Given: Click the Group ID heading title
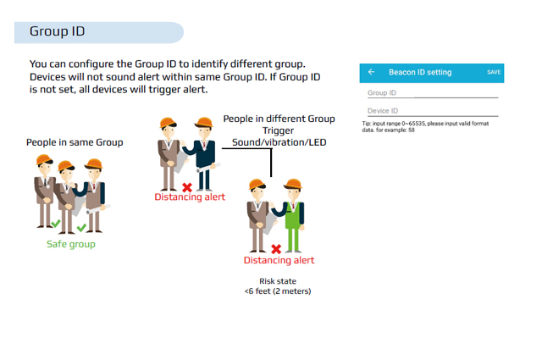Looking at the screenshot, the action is click(x=57, y=31).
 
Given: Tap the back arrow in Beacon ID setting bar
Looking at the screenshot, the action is click(x=371, y=72).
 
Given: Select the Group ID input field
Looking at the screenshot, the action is click(x=433, y=93).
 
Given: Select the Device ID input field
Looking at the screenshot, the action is click(x=433, y=111).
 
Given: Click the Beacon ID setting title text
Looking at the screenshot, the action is click(x=420, y=72).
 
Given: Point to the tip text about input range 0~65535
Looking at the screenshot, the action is click(x=425, y=126).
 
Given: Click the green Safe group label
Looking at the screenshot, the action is click(x=71, y=244).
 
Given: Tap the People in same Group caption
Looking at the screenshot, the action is click(x=75, y=142).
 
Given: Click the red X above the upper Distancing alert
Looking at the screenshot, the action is click(x=187, y=187).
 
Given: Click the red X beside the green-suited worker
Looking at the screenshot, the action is click(x=276, y=249).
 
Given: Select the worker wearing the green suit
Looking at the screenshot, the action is click(x=293, y=215).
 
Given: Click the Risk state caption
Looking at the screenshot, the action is click(x=278, y=281).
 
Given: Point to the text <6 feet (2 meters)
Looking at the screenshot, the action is click(x=278, y=291).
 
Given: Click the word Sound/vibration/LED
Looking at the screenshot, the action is click(x=279, y=142).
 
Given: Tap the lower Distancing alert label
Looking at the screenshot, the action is click(x=279, y=260).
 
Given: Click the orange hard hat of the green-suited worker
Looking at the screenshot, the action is click(x=294, y=184).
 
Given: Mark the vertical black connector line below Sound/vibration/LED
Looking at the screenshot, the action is click(x=271, y=163).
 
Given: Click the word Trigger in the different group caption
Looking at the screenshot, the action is click(x=278, y=130).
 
